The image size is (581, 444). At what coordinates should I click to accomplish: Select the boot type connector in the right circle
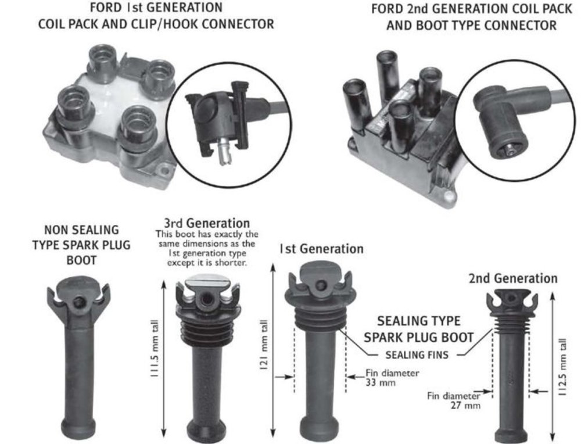tap(503, 122)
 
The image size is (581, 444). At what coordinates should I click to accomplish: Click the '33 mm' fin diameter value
tap(376, 383)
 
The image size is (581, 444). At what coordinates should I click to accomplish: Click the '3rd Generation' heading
tap(207, 223)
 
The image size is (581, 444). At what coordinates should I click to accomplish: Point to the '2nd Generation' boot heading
tap(513, 278)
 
